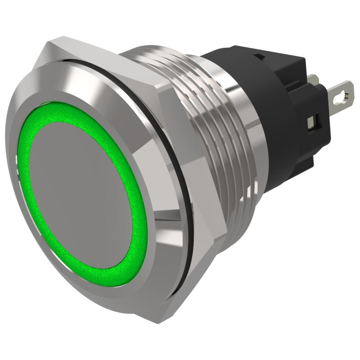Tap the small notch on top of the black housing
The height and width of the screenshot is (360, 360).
(258, 57)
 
